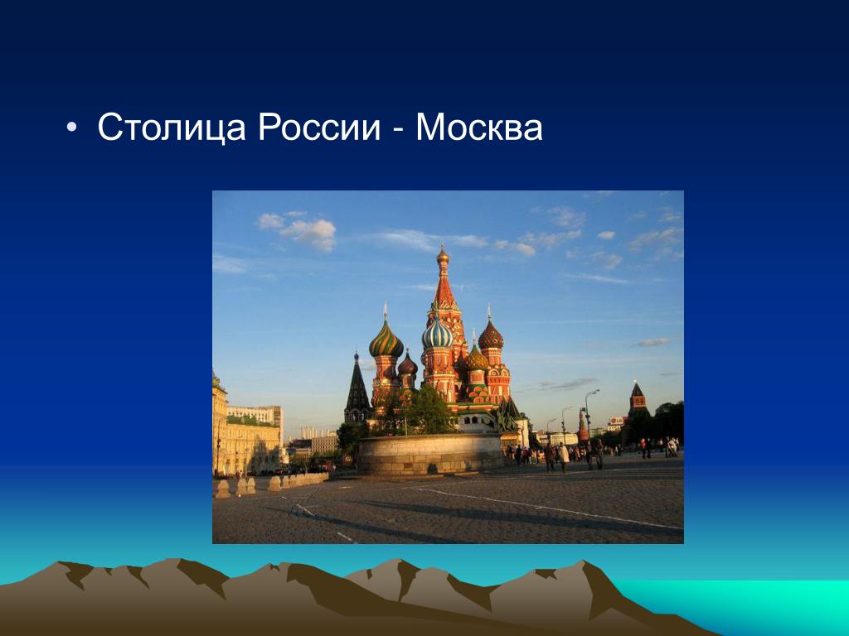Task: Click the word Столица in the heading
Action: pyautogui.click(x=172, y=128)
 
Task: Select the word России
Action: pyautogui.click(x=319, y=128)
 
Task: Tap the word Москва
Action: pyautogui.click(x=479, y=128)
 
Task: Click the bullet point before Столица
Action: pyautogui.click(x=71, y=127)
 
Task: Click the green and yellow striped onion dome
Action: pyautogui.click(x=386, y=340)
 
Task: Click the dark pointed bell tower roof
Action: pyautogui.click(x=357, y=385)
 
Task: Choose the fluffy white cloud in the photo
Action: pyautogui.click(x=309, y=233)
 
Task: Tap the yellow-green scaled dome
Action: pyautogui.click(x=477, y=359)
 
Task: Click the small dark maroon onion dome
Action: pyautogui.click(x=407, y=365)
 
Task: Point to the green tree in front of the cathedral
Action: pyautogui.click(x=427, y=410)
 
